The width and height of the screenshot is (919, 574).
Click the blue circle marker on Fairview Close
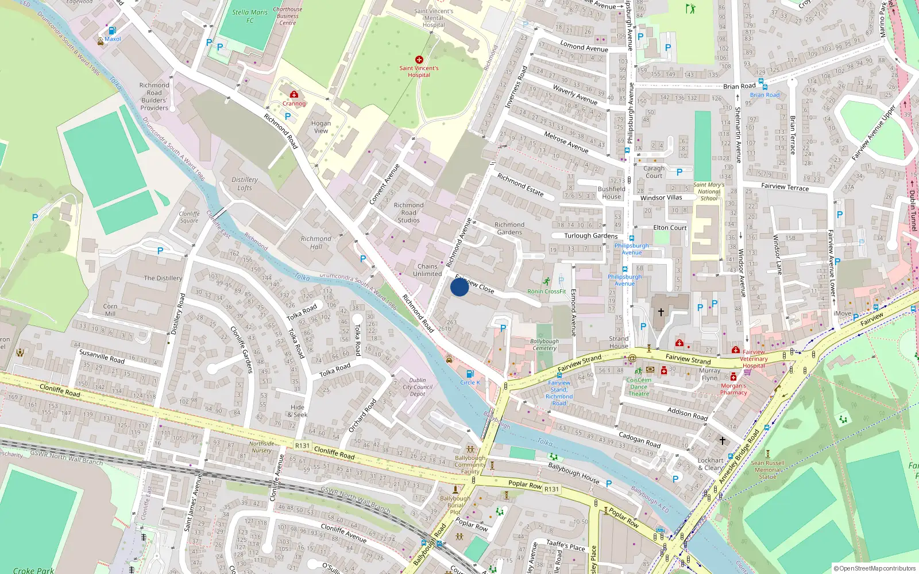(459, 286)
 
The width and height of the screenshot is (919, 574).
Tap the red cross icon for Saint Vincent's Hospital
(419, 60)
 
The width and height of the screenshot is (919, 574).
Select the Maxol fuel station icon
(112, 30)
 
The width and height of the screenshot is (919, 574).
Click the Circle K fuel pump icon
(470, 374)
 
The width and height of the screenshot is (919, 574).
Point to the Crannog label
(294, 103)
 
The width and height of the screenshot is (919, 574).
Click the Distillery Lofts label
(245, 184)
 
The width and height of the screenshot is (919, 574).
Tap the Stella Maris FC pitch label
(250, 16)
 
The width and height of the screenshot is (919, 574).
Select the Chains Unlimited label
(427, 270)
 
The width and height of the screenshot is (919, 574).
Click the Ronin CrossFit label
(547, 292)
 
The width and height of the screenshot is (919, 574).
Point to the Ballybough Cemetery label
(544, 344)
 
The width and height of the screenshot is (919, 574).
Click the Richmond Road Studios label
(408, 212)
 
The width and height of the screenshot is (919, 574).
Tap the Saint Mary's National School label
(709, 192)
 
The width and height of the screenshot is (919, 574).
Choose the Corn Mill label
(110, 310)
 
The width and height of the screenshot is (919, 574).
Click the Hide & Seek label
(298, 411)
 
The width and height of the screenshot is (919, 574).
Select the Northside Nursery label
(261, 447)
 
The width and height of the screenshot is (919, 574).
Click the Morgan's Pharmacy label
(733, 389)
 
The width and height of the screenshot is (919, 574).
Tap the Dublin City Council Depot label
(418, 387)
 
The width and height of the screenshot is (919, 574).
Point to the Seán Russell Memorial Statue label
(767, 470)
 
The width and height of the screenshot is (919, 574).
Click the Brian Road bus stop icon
(762, 82)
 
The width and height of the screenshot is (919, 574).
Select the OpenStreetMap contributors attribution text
(874, 568)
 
